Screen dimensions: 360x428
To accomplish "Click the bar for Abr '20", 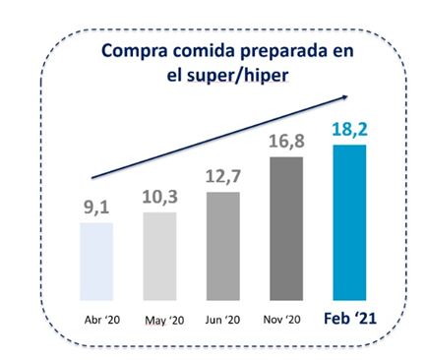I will coord(97,262).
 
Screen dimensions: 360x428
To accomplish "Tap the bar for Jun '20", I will coord(223,245).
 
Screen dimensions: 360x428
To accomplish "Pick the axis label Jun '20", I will coord(223,320).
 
